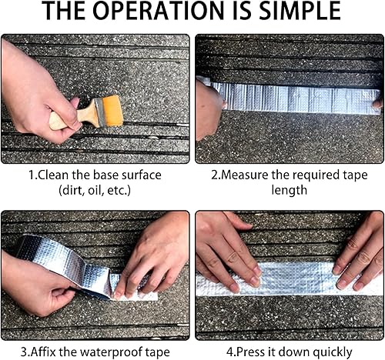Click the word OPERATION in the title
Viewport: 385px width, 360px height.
point(159,11)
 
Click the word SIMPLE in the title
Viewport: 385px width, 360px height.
point(300,11)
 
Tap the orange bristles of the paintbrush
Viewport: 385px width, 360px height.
point(112,112)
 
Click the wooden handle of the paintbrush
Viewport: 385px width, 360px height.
point(72,118)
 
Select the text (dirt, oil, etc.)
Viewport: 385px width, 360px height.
point(95,191)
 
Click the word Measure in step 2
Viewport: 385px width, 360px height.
point(244,175)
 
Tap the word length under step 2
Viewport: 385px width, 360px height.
point(290,190)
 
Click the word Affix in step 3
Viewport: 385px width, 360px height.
point(43,352)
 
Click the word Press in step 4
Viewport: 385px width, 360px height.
point(249,352)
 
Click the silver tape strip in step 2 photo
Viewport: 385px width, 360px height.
point(295,98)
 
